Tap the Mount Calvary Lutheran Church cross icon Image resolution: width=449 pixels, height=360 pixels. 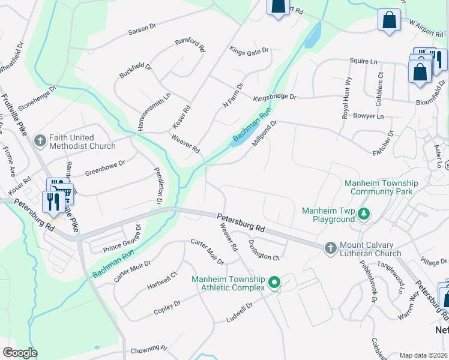coord(330,248)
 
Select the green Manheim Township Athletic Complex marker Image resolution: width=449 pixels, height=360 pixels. coord(274,281)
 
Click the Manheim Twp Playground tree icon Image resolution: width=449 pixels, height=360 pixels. coord(363,214)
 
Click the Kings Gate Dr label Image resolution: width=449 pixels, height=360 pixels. coord(249,52)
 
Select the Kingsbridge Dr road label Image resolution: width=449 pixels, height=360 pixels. coord(274,97)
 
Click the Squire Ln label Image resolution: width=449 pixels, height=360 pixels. coord(364,61)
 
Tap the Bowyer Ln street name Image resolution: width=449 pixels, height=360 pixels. coord(368,115)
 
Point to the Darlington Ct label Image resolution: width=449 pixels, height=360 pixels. coord(264,250)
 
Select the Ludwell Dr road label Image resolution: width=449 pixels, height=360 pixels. coord(240,313)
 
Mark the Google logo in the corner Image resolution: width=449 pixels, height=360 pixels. coord(20,352)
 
